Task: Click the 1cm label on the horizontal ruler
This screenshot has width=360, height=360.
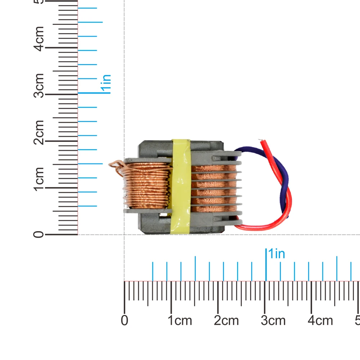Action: (180, 320)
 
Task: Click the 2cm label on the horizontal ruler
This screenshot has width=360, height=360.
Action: (226, 320)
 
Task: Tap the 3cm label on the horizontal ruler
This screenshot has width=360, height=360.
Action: (273, 320)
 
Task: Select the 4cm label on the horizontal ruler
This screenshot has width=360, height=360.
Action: (320, 320)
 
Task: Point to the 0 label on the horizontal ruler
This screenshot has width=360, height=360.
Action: (125, 320)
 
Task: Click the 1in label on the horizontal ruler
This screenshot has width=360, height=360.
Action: (276, 254)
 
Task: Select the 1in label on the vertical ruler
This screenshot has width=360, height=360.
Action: (106, 84)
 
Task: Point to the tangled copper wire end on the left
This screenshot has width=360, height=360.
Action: (116, 166)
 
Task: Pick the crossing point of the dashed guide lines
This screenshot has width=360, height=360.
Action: (125, 235)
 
